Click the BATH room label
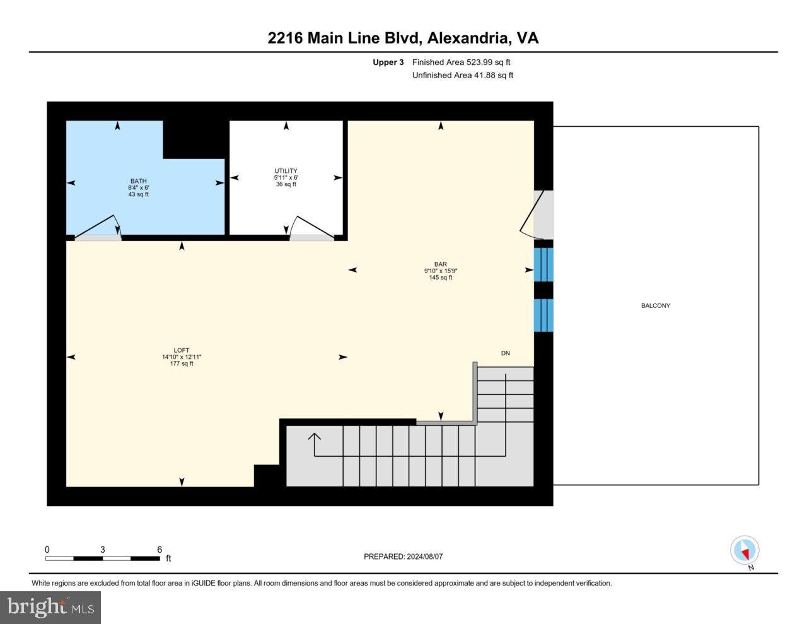[138, 181]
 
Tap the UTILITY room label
[286, 171]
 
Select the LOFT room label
[181, 350]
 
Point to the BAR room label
[441, 264]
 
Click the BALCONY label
[656, 305]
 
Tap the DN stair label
[506, 353]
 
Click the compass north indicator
[745, 550]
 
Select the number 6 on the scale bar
[160, 550]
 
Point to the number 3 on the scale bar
[103, 550]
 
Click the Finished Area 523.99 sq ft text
[461, 62]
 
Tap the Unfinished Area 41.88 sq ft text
[462, 75]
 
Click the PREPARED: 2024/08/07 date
[403, 556]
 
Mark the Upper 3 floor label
[388, 62]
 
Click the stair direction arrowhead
[314, 437]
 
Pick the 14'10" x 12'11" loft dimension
[181, 356]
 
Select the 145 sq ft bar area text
[441, 277]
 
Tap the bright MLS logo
[50, 608]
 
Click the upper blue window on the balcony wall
[543, 264]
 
